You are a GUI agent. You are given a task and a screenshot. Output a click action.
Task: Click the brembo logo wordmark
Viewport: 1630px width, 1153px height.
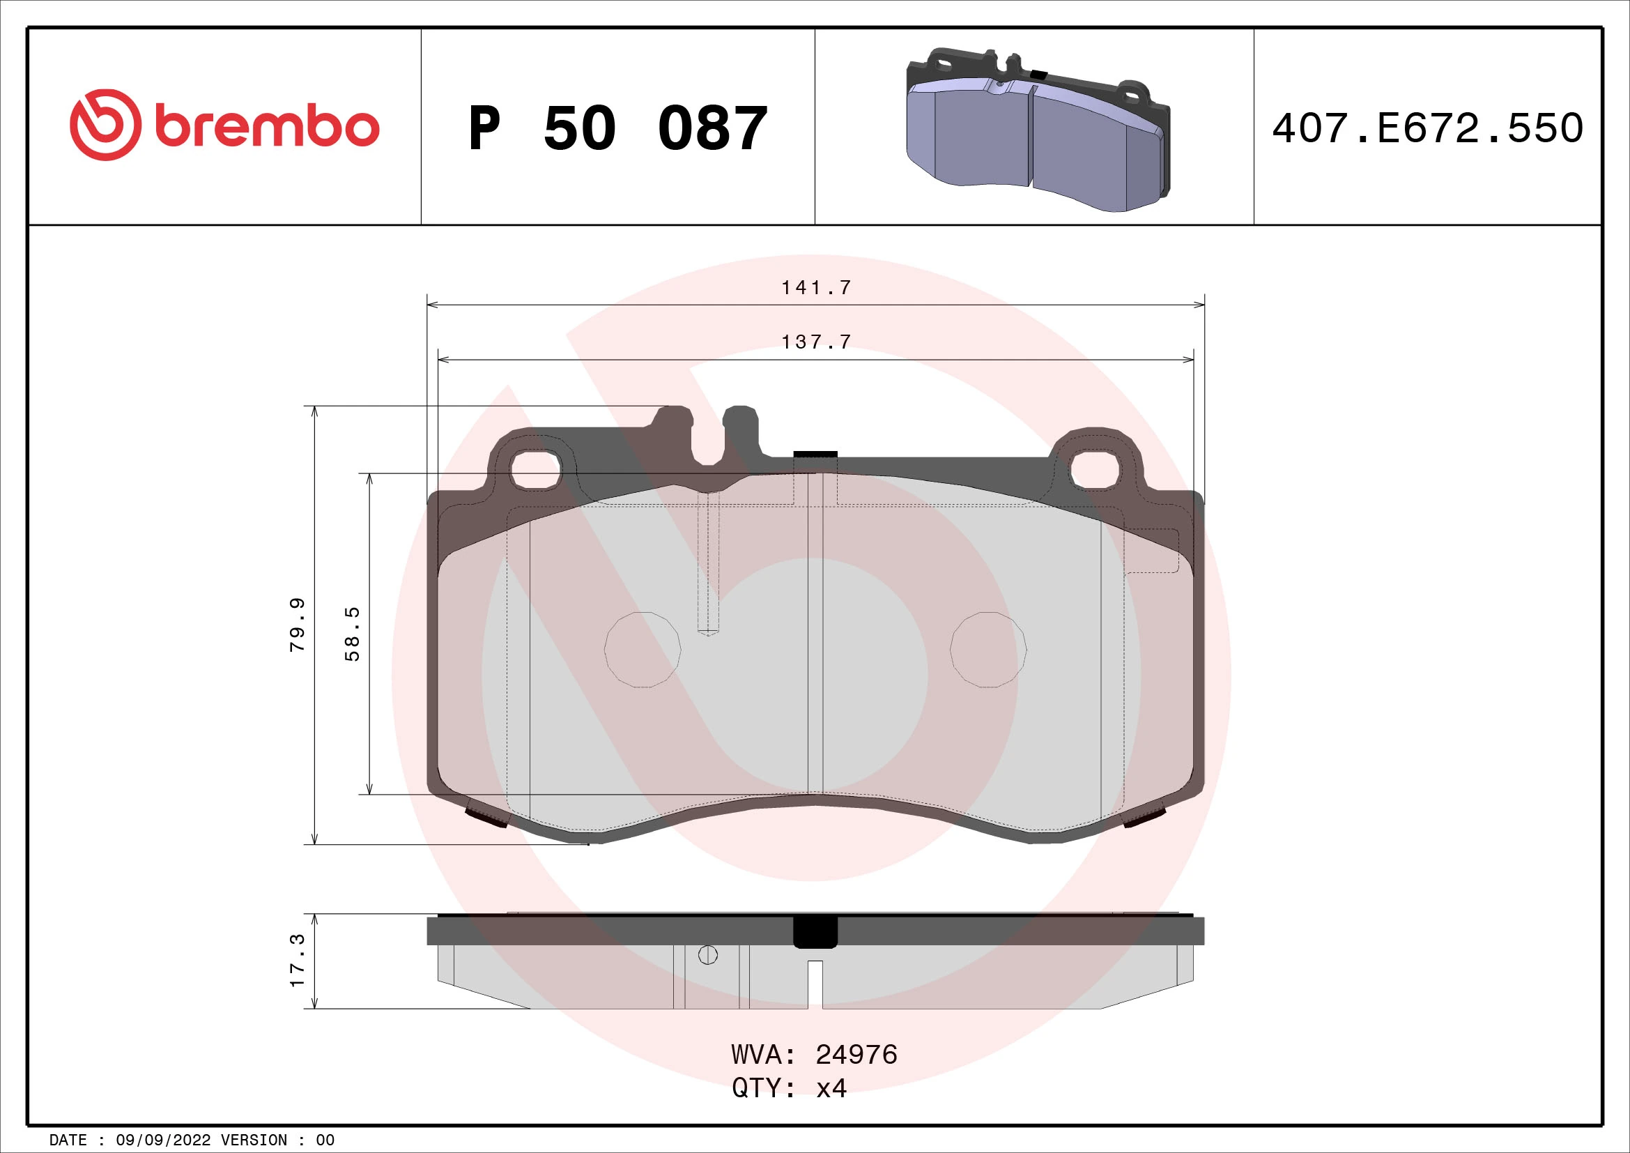tap(266, 127)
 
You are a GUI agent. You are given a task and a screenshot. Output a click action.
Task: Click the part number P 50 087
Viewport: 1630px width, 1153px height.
tap(617, 128)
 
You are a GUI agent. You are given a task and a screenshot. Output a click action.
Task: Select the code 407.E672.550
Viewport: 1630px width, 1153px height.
tap(1427, 128)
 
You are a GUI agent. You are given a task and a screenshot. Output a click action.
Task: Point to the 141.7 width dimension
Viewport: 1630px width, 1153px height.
tap(816, 287)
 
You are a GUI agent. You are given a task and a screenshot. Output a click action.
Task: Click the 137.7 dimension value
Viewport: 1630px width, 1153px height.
tap(816, 342)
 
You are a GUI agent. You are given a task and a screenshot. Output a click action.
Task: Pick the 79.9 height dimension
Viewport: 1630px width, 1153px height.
tap(298, 625)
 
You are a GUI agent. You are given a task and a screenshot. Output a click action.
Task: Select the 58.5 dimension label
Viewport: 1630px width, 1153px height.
tap(352, 634)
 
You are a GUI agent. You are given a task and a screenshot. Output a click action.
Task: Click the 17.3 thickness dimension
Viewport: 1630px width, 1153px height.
tap(298, 960)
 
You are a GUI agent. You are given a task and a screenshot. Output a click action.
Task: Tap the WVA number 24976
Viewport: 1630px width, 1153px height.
tap(856, 1055)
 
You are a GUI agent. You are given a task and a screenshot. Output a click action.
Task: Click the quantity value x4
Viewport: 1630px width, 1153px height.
tap(831, 1087)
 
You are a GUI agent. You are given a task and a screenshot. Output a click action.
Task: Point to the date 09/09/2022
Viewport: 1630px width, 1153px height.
tap(162, 1140)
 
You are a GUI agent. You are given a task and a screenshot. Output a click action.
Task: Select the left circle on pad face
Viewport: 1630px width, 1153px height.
tap(643, 650)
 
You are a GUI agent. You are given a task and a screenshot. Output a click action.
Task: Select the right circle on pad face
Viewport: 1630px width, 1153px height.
tap(988, 650)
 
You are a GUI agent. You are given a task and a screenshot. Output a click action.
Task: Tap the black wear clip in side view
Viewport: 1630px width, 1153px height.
tap(815, 932)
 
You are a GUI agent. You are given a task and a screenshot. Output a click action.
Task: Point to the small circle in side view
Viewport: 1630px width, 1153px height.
tap(708, 955)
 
